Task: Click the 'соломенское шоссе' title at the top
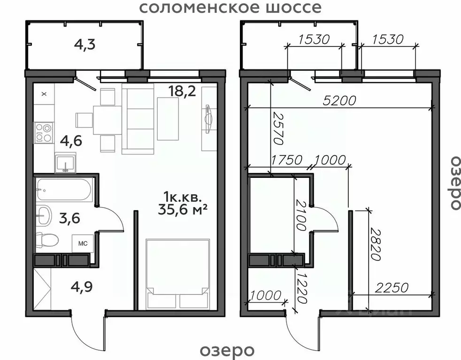click(x=230, y=8)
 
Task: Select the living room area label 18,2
click(x=183, y=91)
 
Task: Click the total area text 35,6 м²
click(x=183, y=209)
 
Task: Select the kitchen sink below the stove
click(x=65, y=163)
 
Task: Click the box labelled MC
click(x=83, y=244)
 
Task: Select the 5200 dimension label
click(x=339, y=100)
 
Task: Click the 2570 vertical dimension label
click(x=278, y=129)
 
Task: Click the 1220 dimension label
click(x=301, y=288)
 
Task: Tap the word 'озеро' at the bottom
click(x=227, y=350)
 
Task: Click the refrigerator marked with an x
click(x=44, y=94)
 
